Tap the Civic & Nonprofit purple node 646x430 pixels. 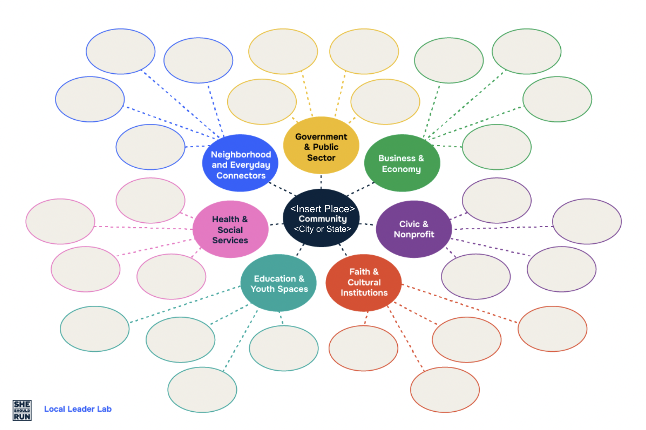(x=414, y=229)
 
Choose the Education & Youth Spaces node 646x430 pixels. (x=279, y=283)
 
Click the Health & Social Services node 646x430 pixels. (x=230, y=229)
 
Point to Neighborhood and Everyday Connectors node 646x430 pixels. (x=240, y=164)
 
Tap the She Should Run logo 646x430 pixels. (x=22, y=410)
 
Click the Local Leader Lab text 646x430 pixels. (x=78, y=409)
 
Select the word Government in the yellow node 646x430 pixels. (x=321, y=136)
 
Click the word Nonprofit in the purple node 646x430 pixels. (x=414, y=234)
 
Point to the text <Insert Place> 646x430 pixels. (x=322, y=209)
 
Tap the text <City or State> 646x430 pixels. (x=322, y=229)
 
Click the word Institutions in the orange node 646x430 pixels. (x=364, y=293)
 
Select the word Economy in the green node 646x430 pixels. (x=401, y=169)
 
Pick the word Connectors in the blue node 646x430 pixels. (x=241, y=176)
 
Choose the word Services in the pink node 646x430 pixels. (x=230, y=240)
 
